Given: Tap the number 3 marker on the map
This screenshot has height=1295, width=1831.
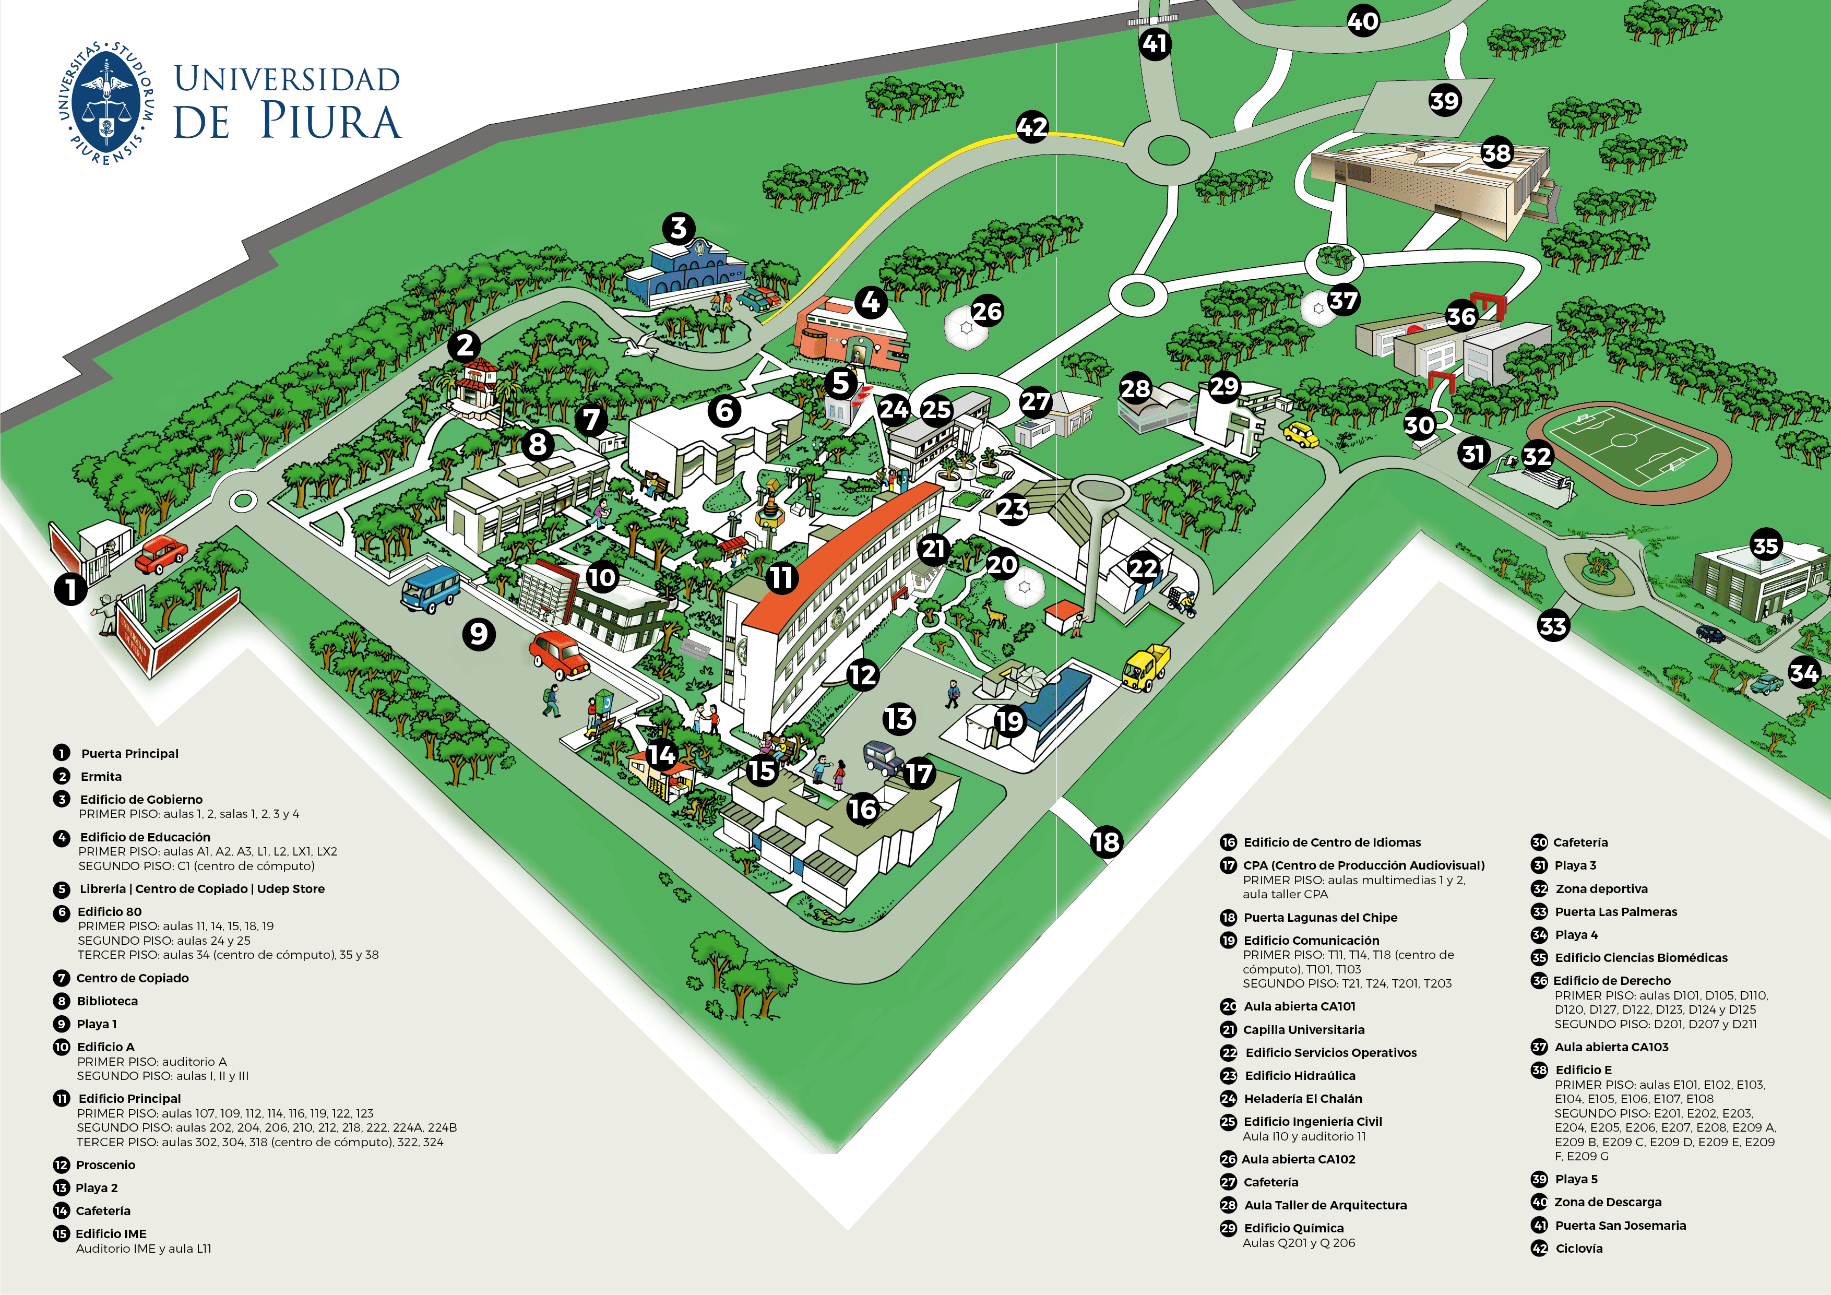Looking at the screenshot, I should (x=679, y=229).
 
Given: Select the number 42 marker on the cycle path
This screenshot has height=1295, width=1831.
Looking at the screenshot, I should (x=1032, y=127).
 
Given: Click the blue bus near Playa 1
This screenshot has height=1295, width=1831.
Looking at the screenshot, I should (x=430, y=588).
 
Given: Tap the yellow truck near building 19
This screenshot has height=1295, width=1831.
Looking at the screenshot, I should (x=1146, y=668).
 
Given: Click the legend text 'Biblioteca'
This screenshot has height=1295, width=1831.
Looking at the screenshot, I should (x=107, y=1001).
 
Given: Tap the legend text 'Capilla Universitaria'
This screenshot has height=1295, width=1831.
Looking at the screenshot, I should (x=1304, y=1029).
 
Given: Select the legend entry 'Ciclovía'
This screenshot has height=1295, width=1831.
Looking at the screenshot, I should (x=1578, y=1248).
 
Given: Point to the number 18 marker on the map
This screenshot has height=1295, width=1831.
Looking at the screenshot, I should (x=1106, y=841).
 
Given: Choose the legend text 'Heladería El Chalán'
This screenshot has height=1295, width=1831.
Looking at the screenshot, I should (x=1303, y=1099).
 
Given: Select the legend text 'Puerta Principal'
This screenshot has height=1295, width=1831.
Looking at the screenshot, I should (x=129, y=754).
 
